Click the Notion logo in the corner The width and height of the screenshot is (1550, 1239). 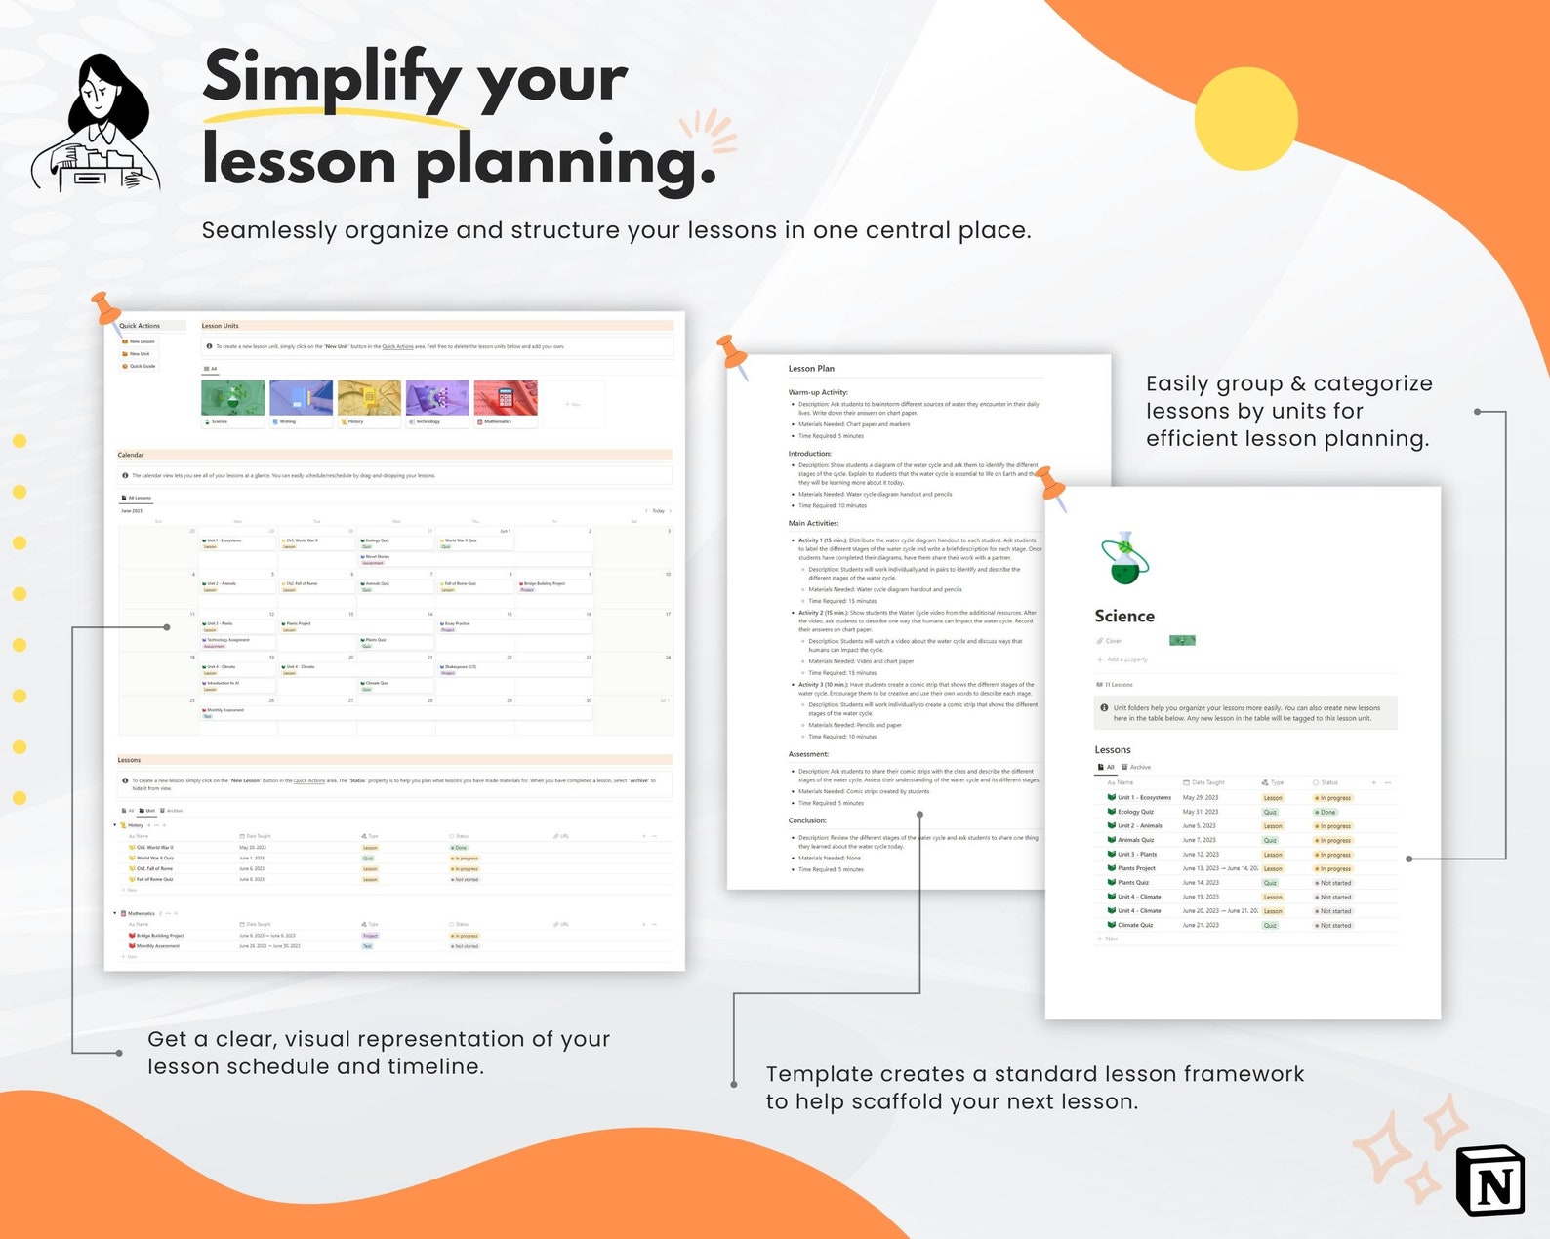[x=1489, y=1180]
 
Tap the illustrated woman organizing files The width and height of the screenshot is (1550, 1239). [x=96, y=124]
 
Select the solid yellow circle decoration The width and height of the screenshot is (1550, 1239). [x=1245, y=119]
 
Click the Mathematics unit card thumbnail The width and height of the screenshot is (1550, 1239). [x=506, y=398]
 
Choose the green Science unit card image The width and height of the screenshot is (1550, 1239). [x=232, y=398]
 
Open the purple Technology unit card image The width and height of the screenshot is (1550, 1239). [x=437, y=398]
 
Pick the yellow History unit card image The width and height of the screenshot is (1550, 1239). [x=369, y=398]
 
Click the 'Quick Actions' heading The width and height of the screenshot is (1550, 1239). [x=140, y=326]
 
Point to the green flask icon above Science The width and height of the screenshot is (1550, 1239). [x=1124, y=559]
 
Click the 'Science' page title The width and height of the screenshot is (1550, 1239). [x=1124, y=617]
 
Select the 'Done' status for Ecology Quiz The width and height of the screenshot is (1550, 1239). [x=1327, y=812]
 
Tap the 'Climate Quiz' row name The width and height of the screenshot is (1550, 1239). [x=1135, y=925]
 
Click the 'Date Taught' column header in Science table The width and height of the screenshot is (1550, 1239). [x=1207, y=782]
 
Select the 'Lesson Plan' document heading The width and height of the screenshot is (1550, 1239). [x=811, y=369]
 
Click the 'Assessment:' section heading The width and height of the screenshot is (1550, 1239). [x=808, y=754]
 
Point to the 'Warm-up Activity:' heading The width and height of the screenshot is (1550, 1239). [x=818, y=392]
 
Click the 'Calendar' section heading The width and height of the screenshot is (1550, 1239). [x=131, y=455]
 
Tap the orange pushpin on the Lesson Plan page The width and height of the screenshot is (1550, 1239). [x=733, y=354]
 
